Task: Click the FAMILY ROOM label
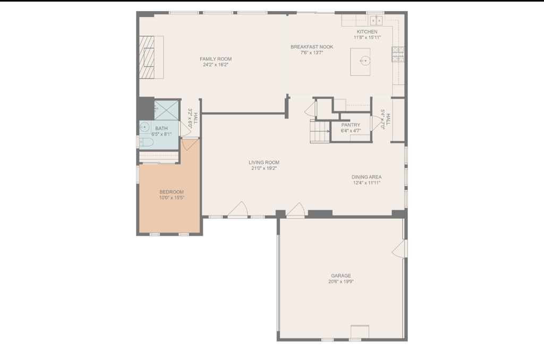216,59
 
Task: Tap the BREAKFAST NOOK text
312,47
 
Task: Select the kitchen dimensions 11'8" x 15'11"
367,38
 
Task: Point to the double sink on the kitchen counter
377,20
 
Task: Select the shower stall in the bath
167,110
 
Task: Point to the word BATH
160,128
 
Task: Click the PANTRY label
351,125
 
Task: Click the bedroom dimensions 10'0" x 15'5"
172,198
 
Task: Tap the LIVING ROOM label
264,162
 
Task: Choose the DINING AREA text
367,177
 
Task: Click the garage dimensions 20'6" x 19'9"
341,282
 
